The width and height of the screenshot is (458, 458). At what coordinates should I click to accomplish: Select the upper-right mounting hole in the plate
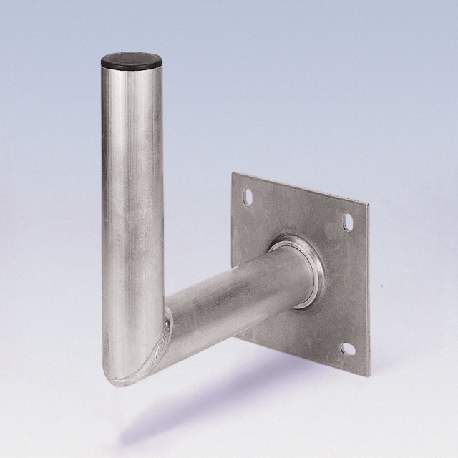(x=348, y=223)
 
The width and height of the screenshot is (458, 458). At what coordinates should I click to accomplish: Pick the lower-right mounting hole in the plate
(x=348, y=349)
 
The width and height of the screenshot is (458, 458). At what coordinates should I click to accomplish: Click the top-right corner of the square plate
(x=364, y=202)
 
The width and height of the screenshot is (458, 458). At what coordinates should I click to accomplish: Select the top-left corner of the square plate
(x=233, y=172)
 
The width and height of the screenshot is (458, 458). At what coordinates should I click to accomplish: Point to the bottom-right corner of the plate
(x=367, y=374)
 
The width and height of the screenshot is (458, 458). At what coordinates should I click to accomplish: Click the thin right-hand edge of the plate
(x=366, y=286)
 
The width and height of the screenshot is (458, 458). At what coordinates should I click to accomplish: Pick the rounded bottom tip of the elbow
(x=122, y=379)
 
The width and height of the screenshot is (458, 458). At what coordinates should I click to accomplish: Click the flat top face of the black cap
(x=133, y=56)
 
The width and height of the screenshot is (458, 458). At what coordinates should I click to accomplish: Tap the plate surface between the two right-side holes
(x=347, y=286)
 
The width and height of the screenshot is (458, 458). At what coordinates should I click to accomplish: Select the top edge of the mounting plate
(x=301, y=187)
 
